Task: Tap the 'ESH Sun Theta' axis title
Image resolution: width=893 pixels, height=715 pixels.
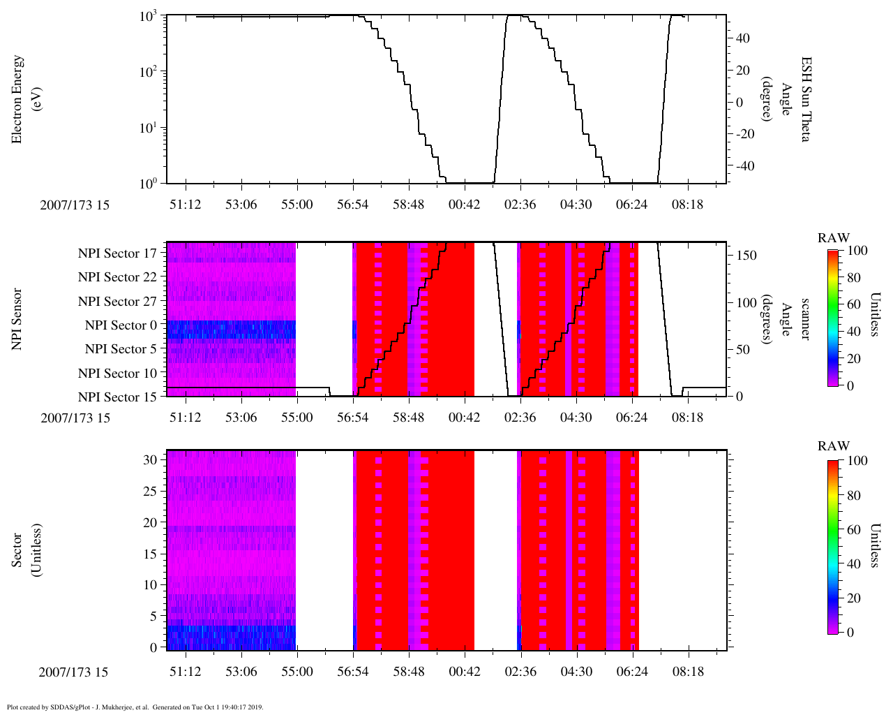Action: [795, 100]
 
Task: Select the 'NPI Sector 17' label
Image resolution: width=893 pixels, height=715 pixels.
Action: [117, 253]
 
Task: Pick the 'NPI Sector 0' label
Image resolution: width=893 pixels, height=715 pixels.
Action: [121, 325]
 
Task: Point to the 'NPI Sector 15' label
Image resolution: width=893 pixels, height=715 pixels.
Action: [117, 397]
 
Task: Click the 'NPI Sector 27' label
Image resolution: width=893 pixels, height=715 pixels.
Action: [117, 302]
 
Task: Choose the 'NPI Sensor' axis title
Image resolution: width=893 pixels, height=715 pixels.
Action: [17, 319]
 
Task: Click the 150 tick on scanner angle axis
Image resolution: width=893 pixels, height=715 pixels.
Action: [746, 256]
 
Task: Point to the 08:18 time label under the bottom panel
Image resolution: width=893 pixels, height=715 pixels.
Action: [687, 672]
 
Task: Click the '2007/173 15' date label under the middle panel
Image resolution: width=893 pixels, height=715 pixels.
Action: [75, 418]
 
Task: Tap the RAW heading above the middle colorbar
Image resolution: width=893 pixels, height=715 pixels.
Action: [834, 238]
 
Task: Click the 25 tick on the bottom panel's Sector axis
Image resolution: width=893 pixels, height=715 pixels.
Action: [151, 491]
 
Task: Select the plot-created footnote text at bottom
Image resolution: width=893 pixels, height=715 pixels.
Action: [135, 707]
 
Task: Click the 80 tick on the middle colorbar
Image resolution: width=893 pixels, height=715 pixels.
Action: [853, 277]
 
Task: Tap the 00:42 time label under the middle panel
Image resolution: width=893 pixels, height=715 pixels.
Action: [464, 418]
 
